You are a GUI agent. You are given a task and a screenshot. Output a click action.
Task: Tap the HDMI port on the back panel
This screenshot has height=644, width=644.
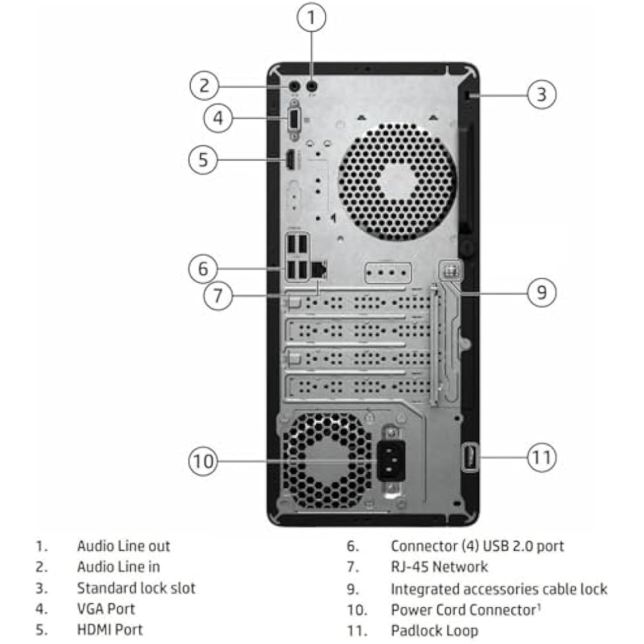tap(291, 160)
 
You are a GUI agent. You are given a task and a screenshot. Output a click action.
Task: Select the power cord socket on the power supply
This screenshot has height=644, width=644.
tap(391, 461)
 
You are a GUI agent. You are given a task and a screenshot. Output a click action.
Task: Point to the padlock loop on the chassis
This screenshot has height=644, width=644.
tap(470, 457)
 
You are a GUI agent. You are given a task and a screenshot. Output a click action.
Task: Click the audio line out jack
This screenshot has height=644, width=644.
tap(312, 86)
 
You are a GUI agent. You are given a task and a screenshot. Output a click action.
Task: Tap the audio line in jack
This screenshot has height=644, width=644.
tap(294, 86)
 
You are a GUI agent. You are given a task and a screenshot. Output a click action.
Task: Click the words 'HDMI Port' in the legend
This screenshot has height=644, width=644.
tap(109, 630)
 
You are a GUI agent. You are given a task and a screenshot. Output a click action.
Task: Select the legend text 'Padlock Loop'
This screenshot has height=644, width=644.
tap(435, 630)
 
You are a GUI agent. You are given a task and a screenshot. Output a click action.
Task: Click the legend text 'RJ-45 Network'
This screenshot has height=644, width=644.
tap(439, 567)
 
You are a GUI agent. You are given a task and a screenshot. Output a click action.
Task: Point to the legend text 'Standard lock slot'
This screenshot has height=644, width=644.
tap(136, 588)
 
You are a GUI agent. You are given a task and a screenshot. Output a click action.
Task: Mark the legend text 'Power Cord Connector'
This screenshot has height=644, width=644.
tap(464, 610)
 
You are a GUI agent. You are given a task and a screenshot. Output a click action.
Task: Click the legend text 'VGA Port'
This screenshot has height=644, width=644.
tap(106, 609)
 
